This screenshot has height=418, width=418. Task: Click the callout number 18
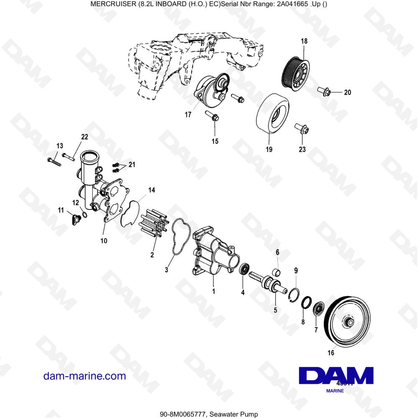[304, 41]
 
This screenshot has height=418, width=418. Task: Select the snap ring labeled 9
[294, 293]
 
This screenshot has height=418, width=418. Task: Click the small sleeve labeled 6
[276, 273]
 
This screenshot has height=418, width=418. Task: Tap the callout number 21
[132, 165]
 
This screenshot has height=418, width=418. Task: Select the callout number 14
[151, 191]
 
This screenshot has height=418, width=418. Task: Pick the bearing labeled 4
[245, 269]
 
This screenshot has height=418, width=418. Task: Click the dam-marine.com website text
[84, 376]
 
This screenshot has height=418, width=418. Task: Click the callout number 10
[104, 241]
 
